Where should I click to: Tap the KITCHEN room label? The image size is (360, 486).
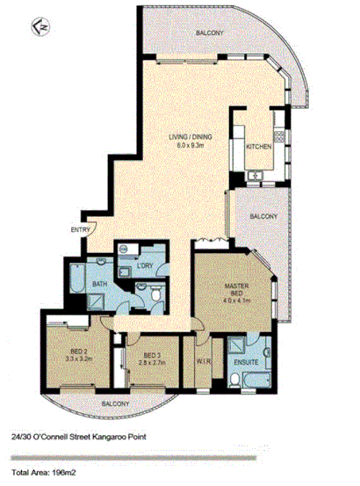(x=257, y=146)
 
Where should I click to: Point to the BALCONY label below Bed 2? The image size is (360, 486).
(x=115, y=403)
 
